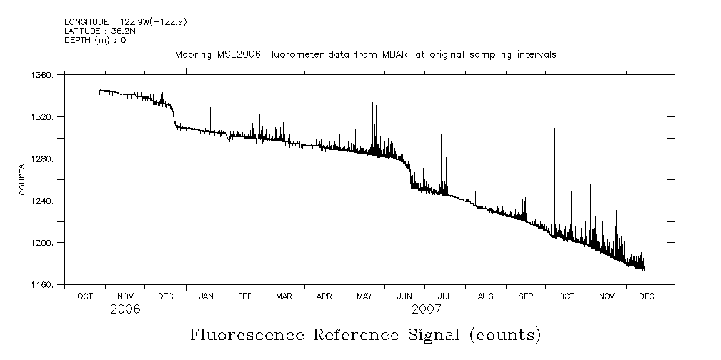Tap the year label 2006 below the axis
pos(125,309)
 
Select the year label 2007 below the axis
pos(427,309)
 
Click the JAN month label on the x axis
pos(207,296)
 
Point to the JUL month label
pos(444,296)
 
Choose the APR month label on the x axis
pos(324,296)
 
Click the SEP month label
pos(526,296)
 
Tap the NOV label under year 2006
pos(125,296)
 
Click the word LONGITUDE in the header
pos(84,22)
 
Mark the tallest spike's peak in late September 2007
pos(554,129)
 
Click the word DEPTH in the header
pos(76,40)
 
